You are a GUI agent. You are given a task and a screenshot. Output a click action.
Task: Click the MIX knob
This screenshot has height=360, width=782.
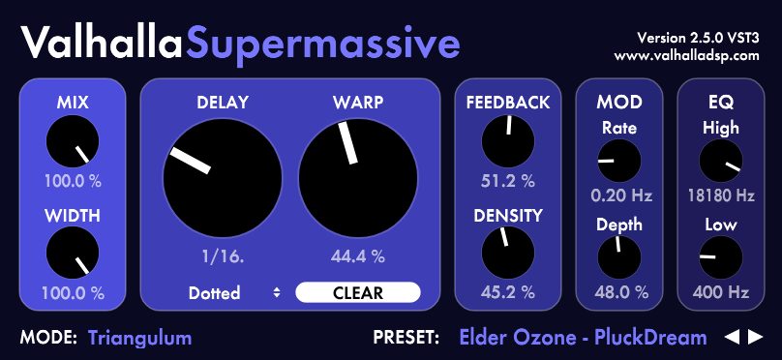coord(73,141)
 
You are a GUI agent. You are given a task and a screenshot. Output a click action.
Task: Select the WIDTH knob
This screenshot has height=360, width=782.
coord(73,253)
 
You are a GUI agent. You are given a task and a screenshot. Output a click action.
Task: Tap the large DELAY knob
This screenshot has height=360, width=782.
coord(223,178)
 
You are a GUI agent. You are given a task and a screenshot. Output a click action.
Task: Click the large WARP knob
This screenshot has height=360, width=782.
coord(358,178)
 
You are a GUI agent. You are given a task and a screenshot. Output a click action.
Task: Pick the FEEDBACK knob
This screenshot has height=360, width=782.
coord(508,141)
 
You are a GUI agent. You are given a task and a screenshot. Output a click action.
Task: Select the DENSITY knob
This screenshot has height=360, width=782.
coord(508,253)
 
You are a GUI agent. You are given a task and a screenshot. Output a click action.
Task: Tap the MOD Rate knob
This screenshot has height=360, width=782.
coord(618,161)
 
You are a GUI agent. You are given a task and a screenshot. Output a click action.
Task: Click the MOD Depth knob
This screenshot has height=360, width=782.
coord(618,257)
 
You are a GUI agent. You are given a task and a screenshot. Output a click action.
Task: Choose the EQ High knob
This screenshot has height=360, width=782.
coord(721,161)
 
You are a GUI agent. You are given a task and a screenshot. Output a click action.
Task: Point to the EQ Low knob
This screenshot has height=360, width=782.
coord(721,257)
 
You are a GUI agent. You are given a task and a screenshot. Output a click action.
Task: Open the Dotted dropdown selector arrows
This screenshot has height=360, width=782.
coord(277,292)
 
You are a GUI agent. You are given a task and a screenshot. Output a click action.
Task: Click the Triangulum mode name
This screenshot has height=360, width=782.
coord(139,338)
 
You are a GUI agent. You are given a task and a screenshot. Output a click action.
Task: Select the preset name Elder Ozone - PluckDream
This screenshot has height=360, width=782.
coord(583,338)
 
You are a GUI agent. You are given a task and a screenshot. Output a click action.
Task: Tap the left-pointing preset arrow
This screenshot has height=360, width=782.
coord(732,338)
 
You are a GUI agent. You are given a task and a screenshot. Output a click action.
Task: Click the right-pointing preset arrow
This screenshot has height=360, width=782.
coord(756,338)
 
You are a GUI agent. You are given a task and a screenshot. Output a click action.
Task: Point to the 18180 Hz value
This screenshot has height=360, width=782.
coord(721,195)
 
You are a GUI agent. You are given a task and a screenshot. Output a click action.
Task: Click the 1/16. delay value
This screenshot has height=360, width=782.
coord(223,257)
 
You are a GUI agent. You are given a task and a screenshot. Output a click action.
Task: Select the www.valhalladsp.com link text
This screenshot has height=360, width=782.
coord(687,55)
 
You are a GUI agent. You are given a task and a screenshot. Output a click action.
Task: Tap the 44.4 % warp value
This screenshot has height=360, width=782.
coord(358,257)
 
